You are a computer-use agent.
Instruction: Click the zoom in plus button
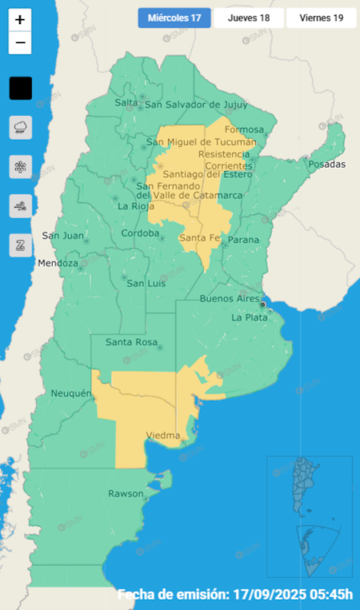tap(20, 19)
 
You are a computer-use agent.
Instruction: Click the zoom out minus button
tap(20, 42)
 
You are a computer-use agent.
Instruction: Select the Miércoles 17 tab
tap(174, 17)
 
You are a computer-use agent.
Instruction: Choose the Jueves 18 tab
tap(248, 17)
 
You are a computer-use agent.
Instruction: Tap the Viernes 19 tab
tap(322, 17)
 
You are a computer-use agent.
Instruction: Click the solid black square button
tap(20, 88)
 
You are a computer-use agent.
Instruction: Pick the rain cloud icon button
tap(20, 127)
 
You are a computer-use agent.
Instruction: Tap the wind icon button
tap(20, 206)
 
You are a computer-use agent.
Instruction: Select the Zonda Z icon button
tap(20, 245)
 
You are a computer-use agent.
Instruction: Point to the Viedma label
tap(162, 436)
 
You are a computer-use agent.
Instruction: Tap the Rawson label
tap(126, 492)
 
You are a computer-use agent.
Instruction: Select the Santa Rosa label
tap(130, 342)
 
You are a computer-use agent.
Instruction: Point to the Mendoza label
tap(58, 263)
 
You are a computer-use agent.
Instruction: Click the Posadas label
tap(327, 164)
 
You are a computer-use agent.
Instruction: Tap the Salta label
tap(126, 102)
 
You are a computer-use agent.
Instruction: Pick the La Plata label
tap(249, 317)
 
